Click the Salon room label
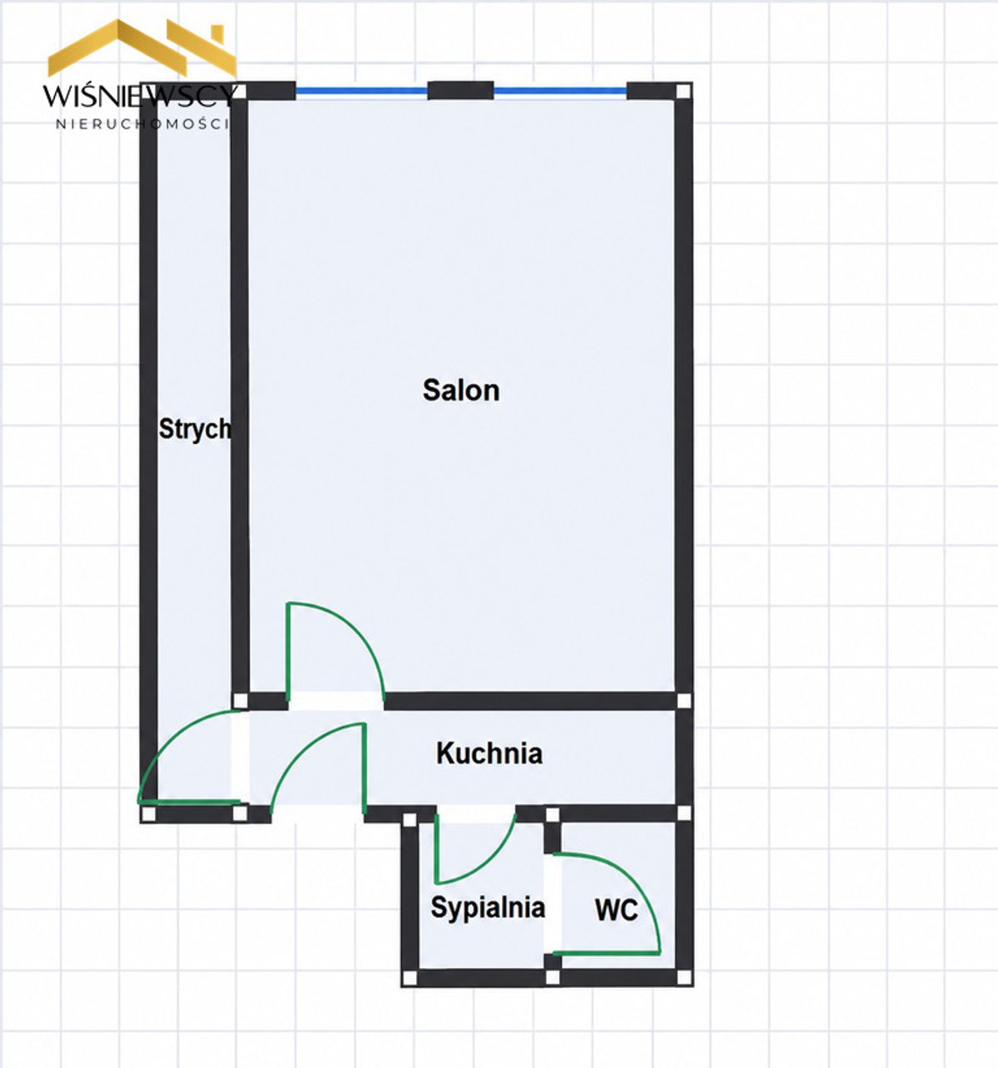point(461,390)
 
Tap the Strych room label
point(194,430)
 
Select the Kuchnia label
point(489,753)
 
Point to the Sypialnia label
point(488,909)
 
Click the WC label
point(616,910)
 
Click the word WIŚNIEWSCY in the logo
point(140,96)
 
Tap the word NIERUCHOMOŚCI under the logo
point(143,124)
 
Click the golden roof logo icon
point(143,48)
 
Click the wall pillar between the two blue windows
point(460,90)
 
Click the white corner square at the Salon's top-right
point(683,91)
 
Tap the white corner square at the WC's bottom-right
point(684,976)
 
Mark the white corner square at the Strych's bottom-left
point(148,814)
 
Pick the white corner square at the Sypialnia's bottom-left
point(409,978)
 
